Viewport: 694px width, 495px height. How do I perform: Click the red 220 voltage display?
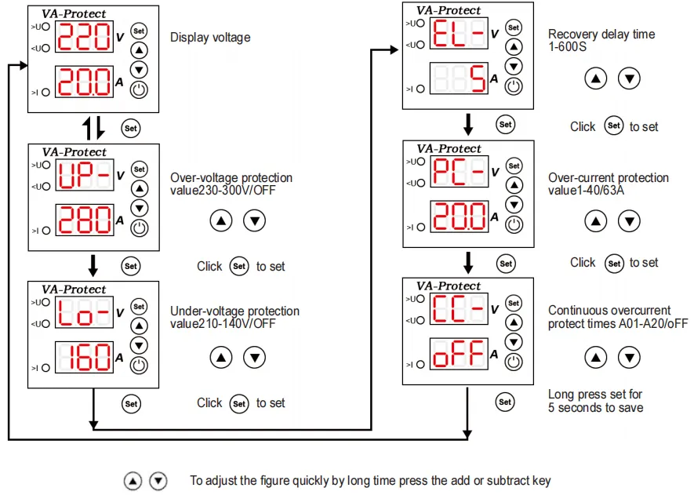tap(84, 37)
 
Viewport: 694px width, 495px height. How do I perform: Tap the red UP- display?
tap(84, 175)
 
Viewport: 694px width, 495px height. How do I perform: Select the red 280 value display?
tap(84, 220)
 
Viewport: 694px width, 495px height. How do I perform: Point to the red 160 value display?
tap(84, 358)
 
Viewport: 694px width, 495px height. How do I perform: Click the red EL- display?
tap(458, 33)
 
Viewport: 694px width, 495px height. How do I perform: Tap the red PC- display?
tap(458, 171)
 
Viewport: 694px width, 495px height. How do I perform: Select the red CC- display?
tap(458, 308)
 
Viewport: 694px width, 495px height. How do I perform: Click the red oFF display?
tap(458, 354)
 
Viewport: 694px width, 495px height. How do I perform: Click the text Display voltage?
tap(210, 37)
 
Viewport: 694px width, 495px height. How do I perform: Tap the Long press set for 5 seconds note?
tap(595, 401)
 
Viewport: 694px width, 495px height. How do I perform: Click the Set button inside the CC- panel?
tap(513, 303)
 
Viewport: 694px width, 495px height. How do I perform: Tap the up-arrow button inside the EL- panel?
tap(513, 47)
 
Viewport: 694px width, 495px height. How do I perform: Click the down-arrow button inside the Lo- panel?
tap(139, 345)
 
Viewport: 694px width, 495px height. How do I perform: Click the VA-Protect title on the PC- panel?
tap(449, 148)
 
